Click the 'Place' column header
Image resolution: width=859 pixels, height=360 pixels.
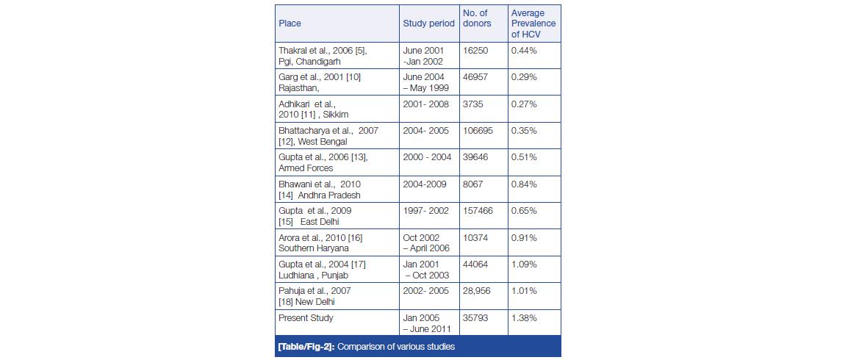tap(290, 24)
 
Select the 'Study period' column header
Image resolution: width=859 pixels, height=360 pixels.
tap(428, 24)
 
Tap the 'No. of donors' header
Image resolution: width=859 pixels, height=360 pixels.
tap(477, 18)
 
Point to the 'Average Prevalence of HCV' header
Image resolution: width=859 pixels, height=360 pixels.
tap(533, 24)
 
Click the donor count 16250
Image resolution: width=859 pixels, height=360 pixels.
tap(475, 51)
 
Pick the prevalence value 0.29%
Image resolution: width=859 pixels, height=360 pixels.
tap(524, 77)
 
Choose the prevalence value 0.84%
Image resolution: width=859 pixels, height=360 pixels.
tap(524, 184)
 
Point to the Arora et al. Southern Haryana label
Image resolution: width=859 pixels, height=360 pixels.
tap(320, 242)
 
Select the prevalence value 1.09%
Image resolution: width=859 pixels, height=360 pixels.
tap(524, 264)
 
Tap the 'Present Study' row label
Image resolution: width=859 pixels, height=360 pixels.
tap(306, 318)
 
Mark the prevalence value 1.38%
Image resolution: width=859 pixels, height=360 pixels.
tap(524, 318)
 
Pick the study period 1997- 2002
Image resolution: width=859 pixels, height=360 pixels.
tap(425, 211)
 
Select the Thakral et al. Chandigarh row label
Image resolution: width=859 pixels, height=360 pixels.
tap(322, 56)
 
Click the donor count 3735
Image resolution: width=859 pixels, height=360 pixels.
tap(473, 104)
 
